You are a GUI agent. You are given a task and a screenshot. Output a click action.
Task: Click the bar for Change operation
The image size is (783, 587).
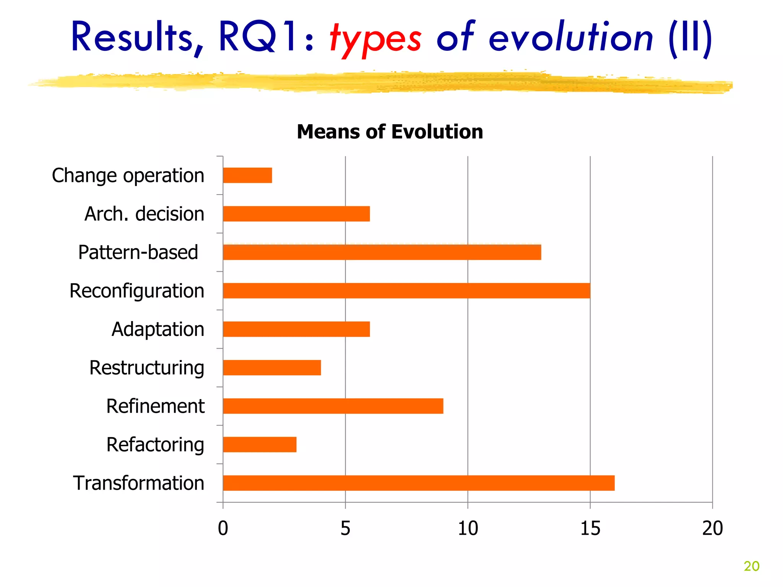coord(247,175)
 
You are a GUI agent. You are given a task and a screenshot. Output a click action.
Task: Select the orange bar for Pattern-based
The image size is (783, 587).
coord(382,252)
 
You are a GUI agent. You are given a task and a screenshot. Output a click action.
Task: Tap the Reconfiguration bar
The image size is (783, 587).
coord(406,291)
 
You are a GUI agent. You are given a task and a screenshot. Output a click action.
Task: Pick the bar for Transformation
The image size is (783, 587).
coord(419,483)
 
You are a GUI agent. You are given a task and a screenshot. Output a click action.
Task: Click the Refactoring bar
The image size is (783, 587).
coord(260,444)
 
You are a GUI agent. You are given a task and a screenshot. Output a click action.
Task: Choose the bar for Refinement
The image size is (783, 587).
coord(333,406)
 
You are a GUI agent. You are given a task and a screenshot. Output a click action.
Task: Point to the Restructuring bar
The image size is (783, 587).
coord(272,368)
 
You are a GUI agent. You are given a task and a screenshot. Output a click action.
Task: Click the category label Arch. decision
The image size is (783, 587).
coord(144,214)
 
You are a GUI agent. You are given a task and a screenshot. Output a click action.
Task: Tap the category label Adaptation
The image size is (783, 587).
coord(158,329)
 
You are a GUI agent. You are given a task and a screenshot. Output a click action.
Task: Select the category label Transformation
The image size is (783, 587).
coord(138,483)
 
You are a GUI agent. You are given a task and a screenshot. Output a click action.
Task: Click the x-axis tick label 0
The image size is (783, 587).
coord(223,529)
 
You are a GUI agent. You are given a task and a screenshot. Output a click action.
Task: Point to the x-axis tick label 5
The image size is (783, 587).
coord(345,529)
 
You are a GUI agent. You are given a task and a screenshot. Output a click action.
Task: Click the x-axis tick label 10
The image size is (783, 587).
coord(468,529)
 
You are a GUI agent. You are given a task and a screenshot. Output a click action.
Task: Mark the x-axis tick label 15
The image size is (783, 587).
coord(590,529)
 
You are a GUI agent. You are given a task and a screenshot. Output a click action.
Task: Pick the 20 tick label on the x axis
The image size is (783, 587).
coord(712,529)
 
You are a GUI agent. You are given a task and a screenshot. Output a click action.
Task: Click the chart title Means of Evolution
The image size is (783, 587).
coord(390,132)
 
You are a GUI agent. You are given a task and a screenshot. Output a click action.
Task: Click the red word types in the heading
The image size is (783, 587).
coord(375,38)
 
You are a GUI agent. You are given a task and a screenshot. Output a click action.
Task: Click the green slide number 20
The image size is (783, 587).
coord(751,566)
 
